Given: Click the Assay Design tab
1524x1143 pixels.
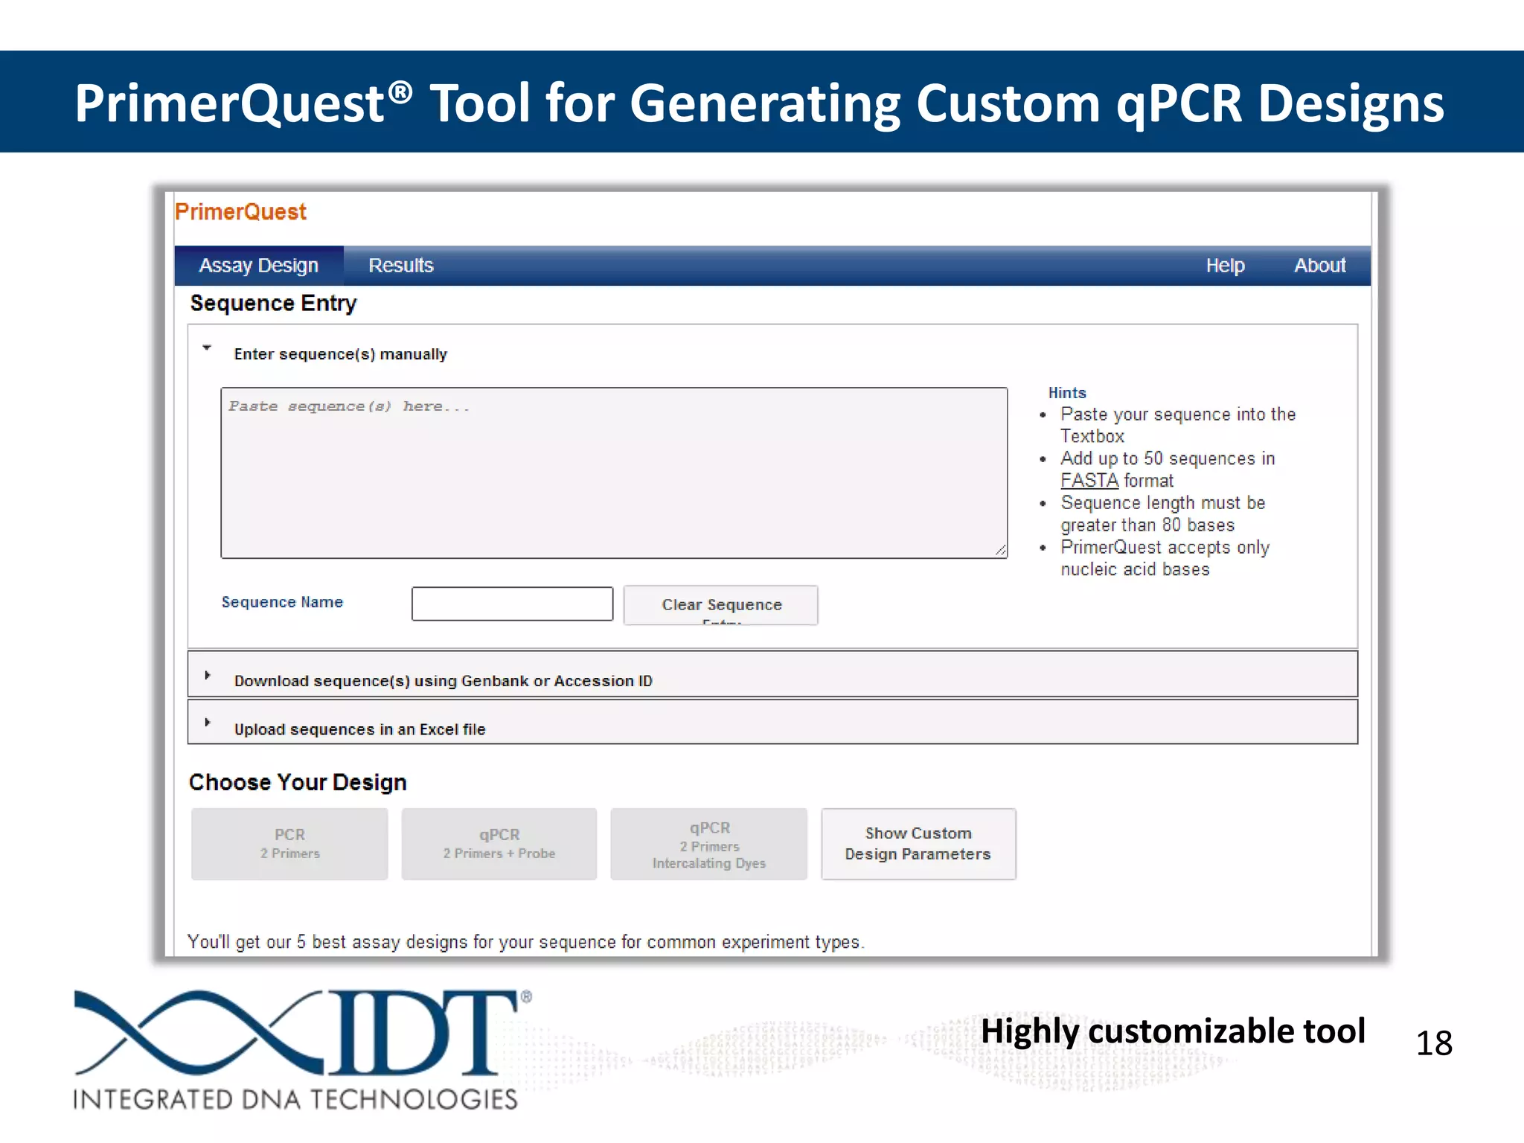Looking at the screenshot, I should coord(258,266).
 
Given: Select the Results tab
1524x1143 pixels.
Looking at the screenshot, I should coord(400,266).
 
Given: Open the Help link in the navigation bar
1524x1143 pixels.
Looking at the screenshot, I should coord(1225,266).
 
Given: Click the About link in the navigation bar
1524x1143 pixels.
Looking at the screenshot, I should coord(1319,266).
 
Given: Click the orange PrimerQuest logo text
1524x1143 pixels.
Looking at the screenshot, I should coord(240,212).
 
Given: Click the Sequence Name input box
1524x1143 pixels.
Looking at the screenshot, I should coord(512,603).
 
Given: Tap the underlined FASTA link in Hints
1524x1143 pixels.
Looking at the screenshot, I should coord(1089,481).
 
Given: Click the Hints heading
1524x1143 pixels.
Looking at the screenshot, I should coord(1067,393).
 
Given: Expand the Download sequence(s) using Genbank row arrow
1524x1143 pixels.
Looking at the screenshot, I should coord(208,676).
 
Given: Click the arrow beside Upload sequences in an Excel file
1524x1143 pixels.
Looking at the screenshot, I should coord(208,723).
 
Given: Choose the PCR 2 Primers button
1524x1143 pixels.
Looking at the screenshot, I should coord(289,844).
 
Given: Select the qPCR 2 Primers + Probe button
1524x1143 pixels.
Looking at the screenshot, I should coord(499,844).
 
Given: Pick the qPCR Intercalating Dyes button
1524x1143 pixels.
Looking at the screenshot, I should coord(708,844).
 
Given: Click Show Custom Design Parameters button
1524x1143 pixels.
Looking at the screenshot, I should coord(918,844).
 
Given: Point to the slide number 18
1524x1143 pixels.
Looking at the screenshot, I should coord(1433,1043).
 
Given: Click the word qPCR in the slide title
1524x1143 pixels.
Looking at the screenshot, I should coord(1178,103).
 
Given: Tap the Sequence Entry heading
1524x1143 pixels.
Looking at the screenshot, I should coord(273,304).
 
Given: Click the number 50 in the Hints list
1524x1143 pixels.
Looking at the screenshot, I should coord(1153,458).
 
